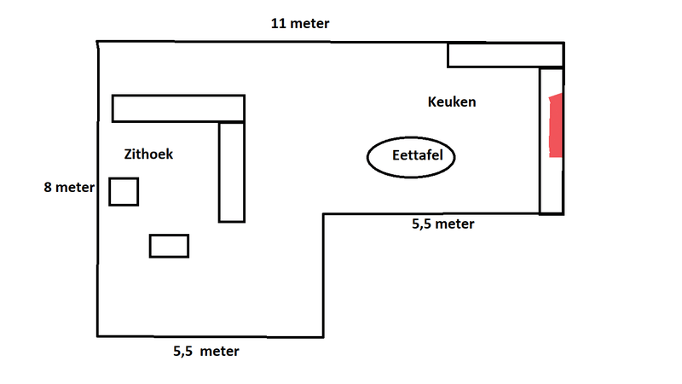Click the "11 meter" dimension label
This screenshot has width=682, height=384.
click(x=300, y=23)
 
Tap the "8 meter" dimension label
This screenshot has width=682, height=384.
click(x=68, y=187)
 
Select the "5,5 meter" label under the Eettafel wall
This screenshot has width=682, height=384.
click(x=442, y=224)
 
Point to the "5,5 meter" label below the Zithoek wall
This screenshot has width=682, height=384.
click(x=206, y=351)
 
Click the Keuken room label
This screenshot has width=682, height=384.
click(x=451, y=102)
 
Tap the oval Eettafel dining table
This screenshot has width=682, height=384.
click(x=411, y=157)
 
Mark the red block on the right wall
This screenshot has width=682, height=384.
click(x=556, y=126)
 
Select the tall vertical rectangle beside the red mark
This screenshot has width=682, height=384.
click(x=551, y=141)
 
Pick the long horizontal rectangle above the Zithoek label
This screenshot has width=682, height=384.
click(x=178, y=108)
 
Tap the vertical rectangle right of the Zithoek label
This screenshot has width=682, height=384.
click(x=231, y=172)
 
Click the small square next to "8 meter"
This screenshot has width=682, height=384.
click(x=124, y=191)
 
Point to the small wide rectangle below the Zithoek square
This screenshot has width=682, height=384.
click(x=169, y=246)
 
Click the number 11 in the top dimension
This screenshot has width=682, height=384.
click(x=278, y=23)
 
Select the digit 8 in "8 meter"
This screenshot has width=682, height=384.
click(x=49, y=187)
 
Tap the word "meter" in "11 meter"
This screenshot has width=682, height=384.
click(x=310, y=23)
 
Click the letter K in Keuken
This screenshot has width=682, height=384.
click(x=432, y=102)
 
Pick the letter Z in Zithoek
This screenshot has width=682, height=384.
click(x=129, y=154)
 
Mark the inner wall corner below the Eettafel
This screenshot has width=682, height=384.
click(x=324, y=214)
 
